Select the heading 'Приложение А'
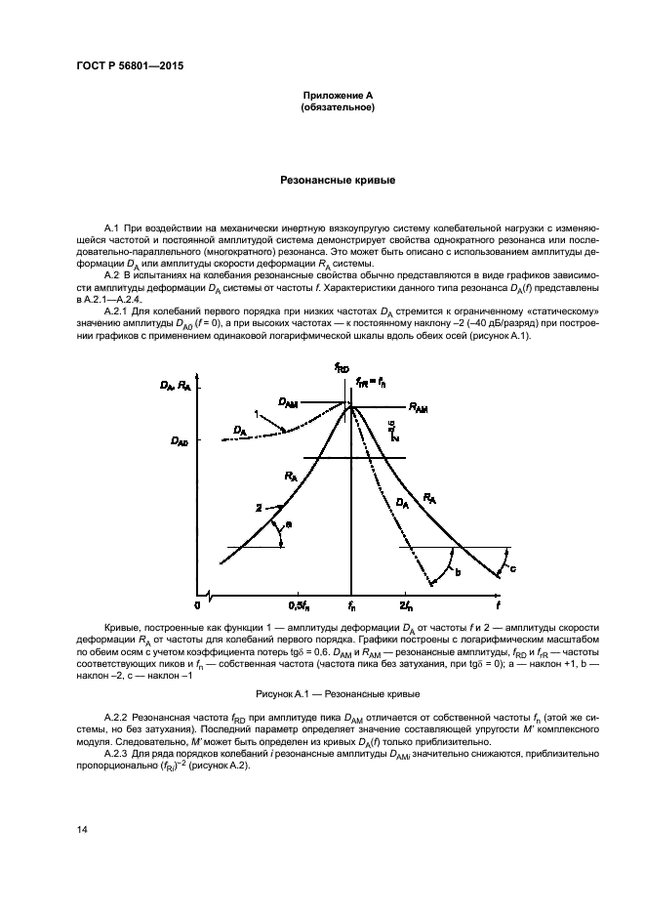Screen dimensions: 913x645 tap(337, 95)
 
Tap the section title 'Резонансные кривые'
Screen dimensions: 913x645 tap(337, 181)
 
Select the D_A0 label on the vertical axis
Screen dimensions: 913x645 tap(181, 441)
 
